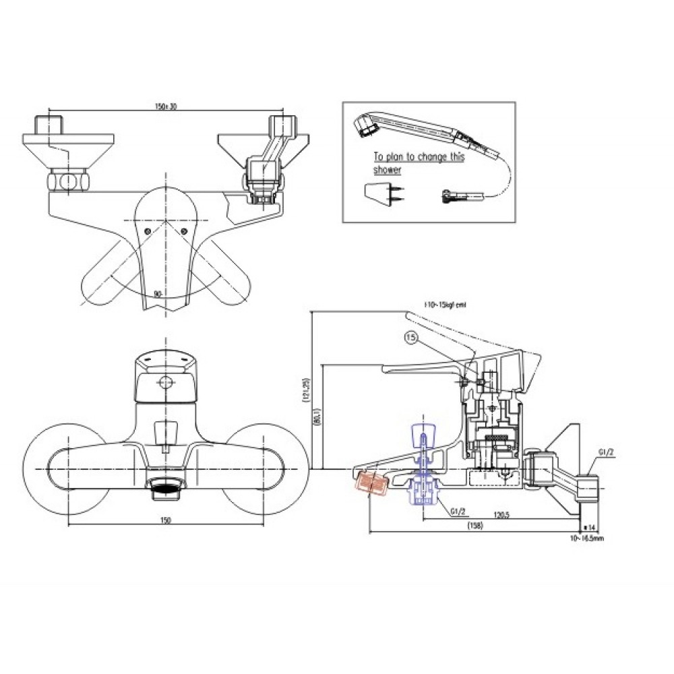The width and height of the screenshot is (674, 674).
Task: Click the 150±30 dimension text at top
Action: point(165,106)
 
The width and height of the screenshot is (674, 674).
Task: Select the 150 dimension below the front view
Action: point(166,520)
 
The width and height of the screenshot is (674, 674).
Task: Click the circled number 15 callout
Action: point(411,337)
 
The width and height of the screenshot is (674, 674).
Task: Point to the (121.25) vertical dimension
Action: point(307,390)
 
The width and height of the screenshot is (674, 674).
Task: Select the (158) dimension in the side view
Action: point(476,527)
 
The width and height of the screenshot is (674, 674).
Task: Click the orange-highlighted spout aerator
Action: point(369,483)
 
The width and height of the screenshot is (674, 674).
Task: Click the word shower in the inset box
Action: point(388,171)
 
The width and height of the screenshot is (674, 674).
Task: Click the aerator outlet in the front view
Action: point(167,487)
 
